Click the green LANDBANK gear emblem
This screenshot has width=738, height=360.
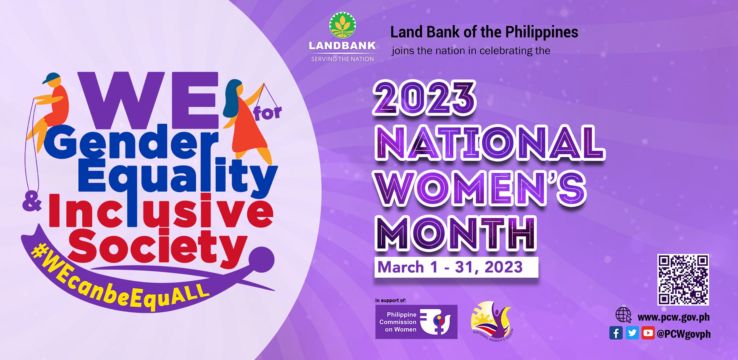click(342, 25)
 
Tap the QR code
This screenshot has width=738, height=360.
click(683, 279)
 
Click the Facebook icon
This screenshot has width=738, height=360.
click(616, 333)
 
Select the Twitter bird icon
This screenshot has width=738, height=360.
click(632, 333)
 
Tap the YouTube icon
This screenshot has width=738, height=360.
click(648, 333)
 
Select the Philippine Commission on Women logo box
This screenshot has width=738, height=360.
click(416, 322)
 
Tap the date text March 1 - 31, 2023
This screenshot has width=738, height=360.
click(450, 267)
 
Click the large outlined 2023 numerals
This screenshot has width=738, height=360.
click(424, 99)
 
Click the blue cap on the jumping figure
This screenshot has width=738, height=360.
click(52, 78)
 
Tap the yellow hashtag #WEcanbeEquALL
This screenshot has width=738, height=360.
click(120, 279)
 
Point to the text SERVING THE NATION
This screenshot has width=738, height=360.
click(342, 59)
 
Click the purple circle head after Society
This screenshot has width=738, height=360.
click(261, 259)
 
